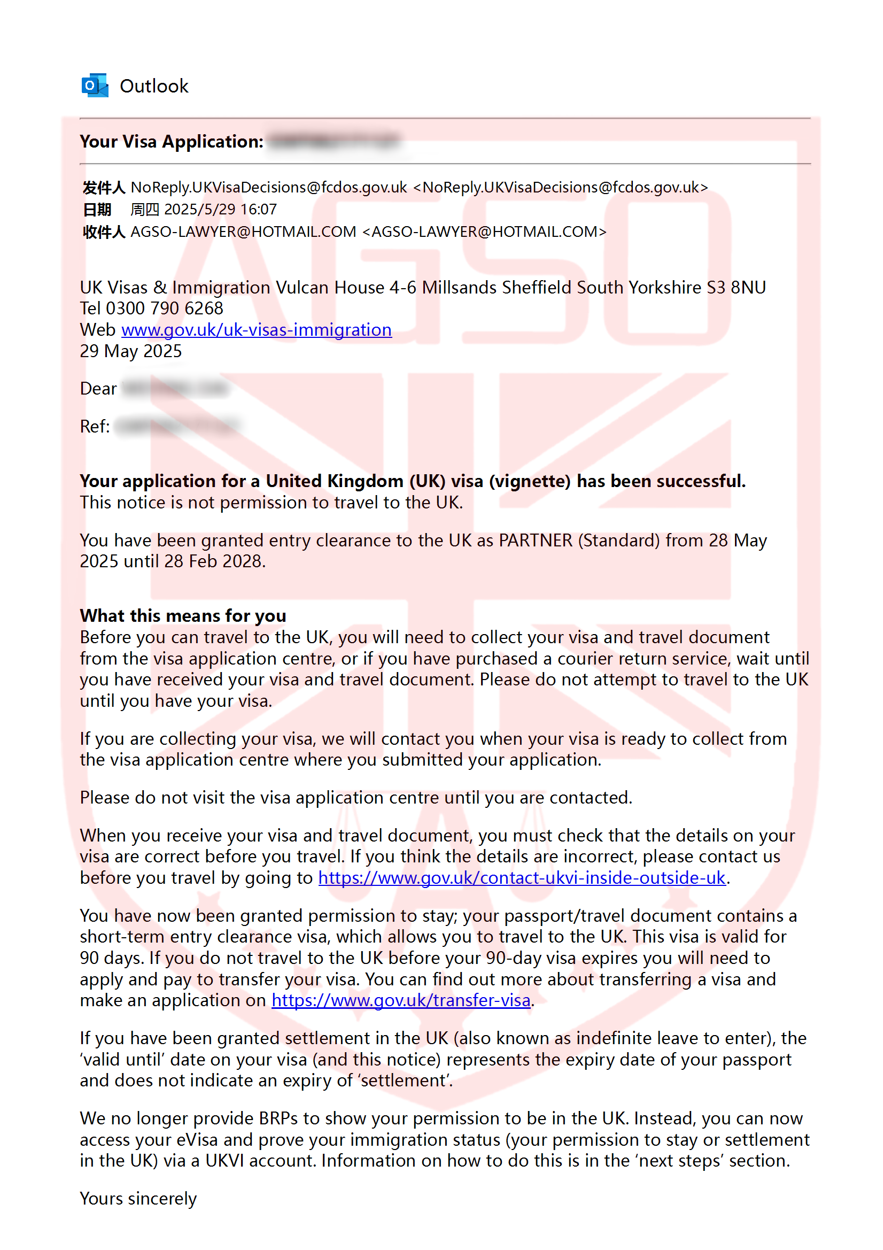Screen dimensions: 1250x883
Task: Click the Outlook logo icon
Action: (x=95, y=86)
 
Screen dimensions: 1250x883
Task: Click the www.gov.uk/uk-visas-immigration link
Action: (x=256, y=330)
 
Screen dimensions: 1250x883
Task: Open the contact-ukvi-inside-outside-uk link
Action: (x=522, y=877)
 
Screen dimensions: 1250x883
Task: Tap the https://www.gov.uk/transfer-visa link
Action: (x=401, y=1000)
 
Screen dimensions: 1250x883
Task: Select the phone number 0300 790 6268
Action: (x=165, y=308)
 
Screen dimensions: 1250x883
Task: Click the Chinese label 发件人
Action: (x=104, y=188)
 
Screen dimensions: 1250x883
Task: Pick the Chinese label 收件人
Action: (x=104, y=232)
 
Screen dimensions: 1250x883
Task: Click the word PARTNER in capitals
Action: (x=536, y=541)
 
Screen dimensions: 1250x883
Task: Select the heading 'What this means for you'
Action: (x=183, y=616)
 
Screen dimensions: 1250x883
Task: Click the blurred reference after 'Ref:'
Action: (x=177, y=426)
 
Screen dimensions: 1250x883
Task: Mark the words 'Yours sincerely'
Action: (x=138, y=1199)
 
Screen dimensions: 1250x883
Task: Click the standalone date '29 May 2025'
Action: (x=130, y=351)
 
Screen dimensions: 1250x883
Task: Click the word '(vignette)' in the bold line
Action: (x=530, y=481)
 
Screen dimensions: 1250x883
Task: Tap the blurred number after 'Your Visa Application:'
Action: (x=333, y=142)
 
